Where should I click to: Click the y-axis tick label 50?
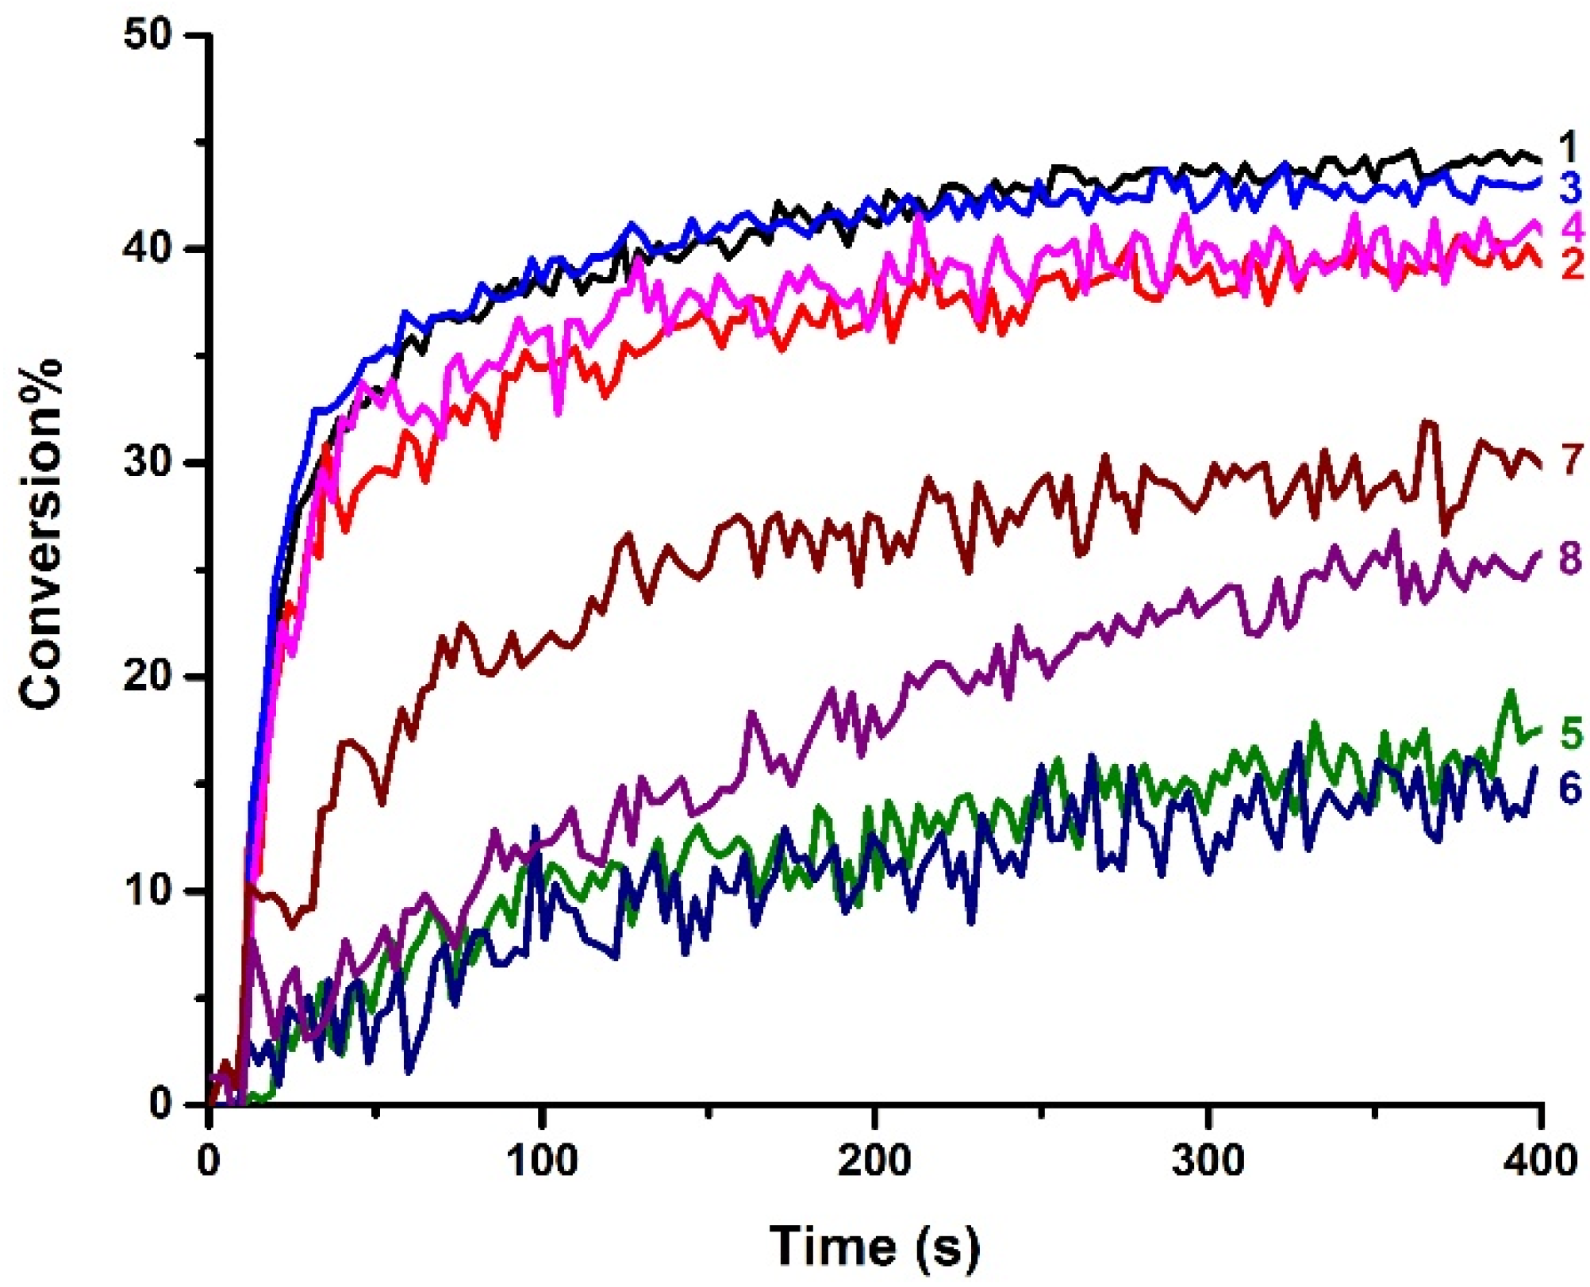pos(149,36)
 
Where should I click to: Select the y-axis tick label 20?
pos(149,677)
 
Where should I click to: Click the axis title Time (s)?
pos(874,1246)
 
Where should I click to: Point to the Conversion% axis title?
pos(41,533)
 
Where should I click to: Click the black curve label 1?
pos(1568,148)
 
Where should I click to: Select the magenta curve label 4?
pos(1572,228)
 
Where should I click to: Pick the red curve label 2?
pos(1572,264)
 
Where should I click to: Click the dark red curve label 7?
pos(1572,459)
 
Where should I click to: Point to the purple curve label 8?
pos(1570,559)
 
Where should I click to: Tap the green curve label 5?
pos(1571,734)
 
